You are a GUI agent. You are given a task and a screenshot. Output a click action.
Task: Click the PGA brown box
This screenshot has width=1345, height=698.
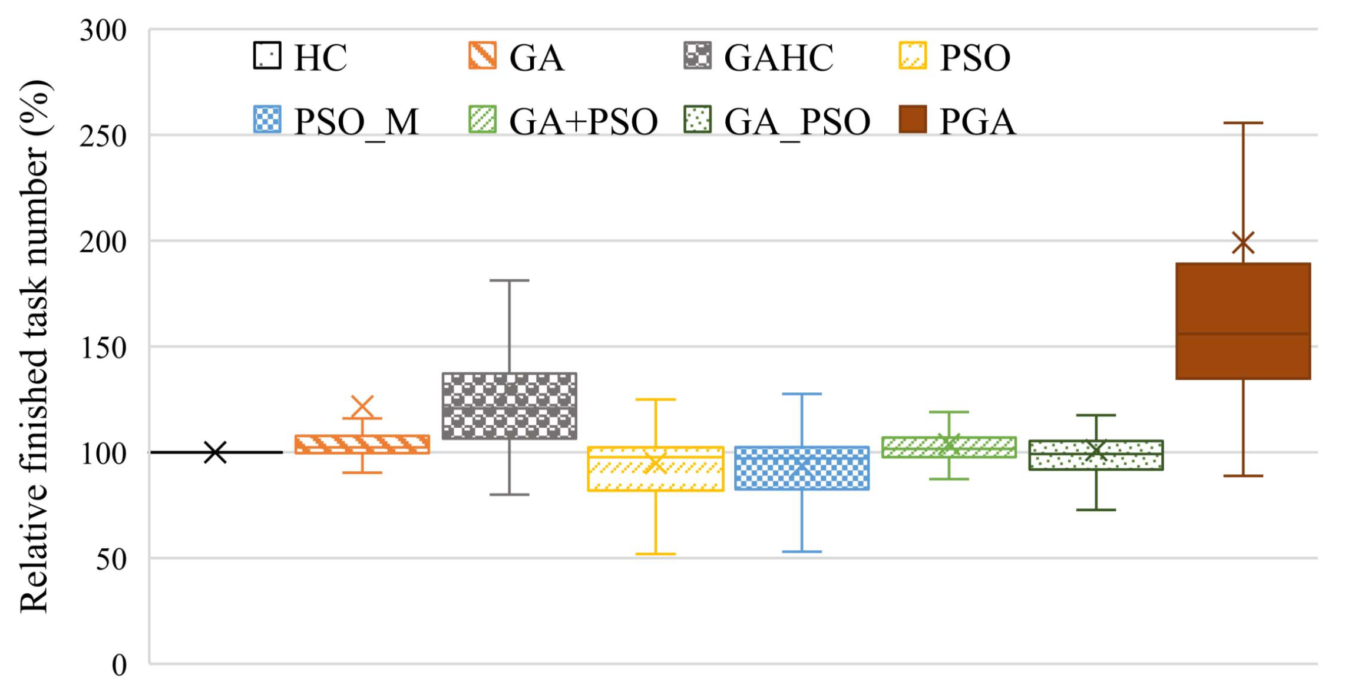point(1242,321)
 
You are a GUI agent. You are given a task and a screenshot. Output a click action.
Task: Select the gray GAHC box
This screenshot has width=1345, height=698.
point(509,406)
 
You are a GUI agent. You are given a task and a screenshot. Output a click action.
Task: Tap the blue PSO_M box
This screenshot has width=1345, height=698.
point(801,468)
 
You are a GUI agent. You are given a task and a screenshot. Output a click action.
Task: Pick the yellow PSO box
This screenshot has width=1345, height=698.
point(655,469)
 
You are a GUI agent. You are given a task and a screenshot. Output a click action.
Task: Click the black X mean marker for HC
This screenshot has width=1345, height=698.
point(215,452)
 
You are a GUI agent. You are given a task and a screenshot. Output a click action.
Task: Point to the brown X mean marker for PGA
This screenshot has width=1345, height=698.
point(1242,242)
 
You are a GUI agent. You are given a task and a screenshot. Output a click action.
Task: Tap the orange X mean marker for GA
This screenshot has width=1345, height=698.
point(362,406)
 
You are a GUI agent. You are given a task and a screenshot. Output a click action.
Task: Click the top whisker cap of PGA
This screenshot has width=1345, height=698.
point(1242,123)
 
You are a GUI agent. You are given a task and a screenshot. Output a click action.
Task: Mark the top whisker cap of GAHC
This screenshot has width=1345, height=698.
point(509,280)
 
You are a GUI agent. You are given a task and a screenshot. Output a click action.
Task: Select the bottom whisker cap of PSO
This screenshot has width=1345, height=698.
point(655,554)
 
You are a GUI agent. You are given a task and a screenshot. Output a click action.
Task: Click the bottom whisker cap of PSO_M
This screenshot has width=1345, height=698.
point(801,552)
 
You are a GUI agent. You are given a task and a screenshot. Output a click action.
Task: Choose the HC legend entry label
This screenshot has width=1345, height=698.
point(320,58)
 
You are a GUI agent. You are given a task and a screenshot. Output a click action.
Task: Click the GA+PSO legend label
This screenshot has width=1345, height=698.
point(583,122)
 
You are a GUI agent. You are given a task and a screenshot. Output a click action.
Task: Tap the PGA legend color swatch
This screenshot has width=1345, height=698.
point(913,120)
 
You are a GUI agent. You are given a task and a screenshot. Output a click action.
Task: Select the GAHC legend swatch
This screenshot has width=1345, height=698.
point(698,55)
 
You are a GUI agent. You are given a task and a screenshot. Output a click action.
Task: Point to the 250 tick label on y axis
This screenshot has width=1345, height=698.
point(103,137)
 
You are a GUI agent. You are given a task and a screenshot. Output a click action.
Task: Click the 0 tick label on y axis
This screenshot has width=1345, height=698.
point(119,666)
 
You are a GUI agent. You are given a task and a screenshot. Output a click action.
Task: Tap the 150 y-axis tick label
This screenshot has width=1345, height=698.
point(103,348)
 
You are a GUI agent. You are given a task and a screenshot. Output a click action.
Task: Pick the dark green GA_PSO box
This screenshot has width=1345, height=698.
point(1095,455)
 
